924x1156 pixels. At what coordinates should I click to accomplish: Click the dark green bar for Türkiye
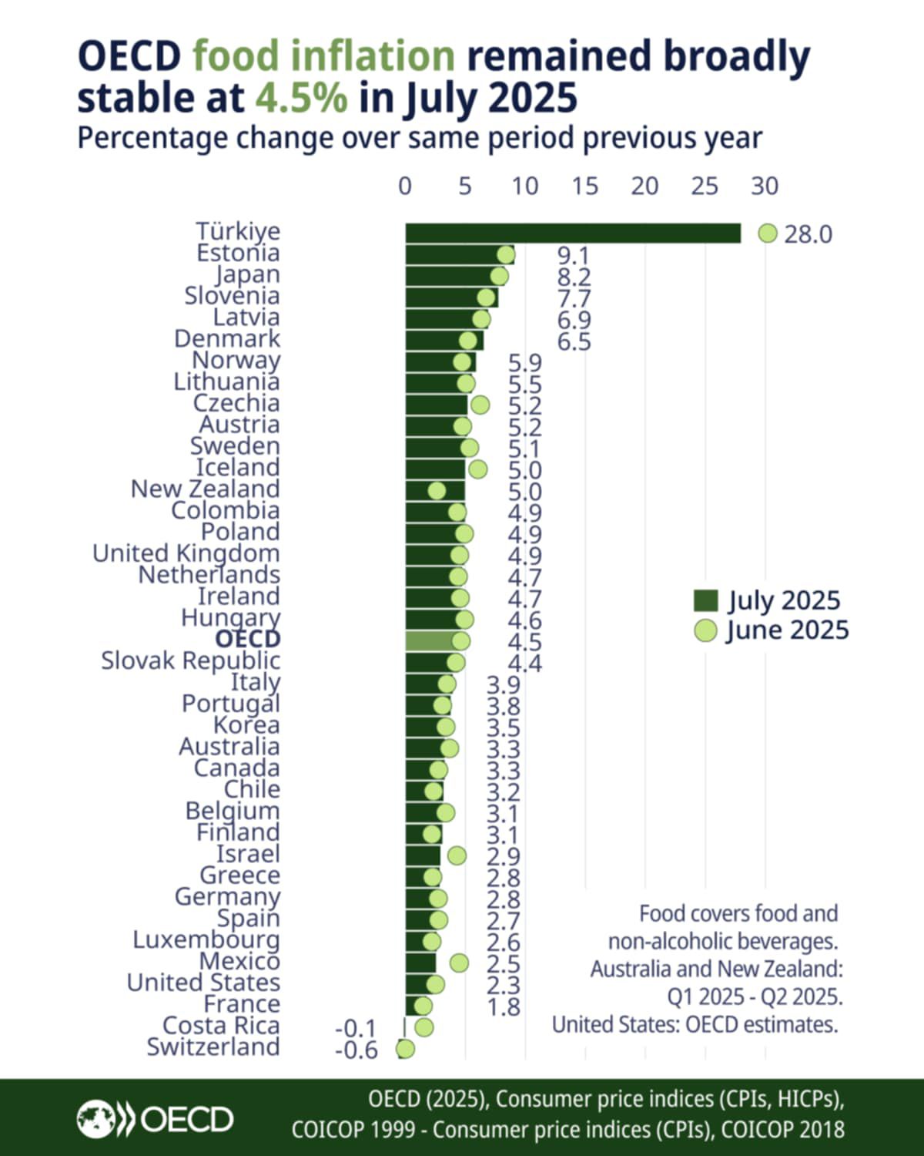(x=573, y=233)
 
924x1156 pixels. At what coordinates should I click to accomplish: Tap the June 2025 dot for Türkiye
(x=768, y=233)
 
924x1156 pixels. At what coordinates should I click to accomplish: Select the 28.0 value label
(x=808, y=234)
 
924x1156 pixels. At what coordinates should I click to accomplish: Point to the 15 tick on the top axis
(x=585, y=186)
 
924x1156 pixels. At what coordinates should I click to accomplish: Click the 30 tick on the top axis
(x=765, y=186)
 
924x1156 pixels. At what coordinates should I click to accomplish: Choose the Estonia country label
(x=238, y=253)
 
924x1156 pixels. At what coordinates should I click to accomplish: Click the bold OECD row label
(x=248, y=639)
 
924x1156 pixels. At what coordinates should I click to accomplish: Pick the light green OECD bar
(x=431, y=640)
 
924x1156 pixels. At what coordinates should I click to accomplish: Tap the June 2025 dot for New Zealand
(x=437, y=491)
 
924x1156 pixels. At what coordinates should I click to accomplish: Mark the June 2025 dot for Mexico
(x=459, y=963)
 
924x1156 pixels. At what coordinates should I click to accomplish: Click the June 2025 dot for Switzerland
(x=405, y=1049)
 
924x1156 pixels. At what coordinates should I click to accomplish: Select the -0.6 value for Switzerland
(x=357, y=1050)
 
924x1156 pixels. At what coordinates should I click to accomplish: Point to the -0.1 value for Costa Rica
(x=356, y=1028)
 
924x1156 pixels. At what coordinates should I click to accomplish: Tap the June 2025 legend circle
(x=705, y=630)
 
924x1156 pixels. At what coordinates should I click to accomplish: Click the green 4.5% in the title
(x=301, y=98)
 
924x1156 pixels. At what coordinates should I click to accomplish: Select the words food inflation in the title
(x=323, y=56)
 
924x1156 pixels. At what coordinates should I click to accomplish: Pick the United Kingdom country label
(x=186, y=553)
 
